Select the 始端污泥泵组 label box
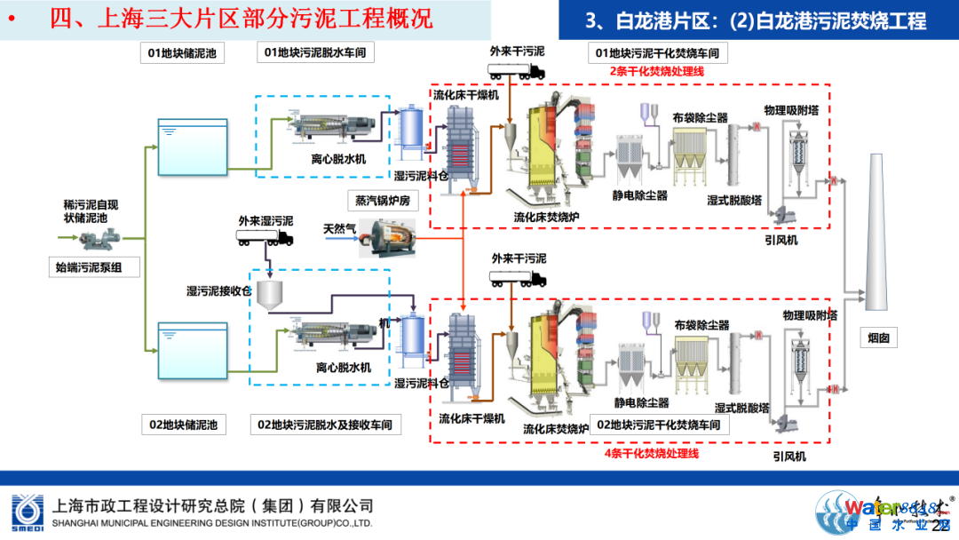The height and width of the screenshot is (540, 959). click(x=93, y=266)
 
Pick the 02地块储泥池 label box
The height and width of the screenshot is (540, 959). click(x=185, y=425)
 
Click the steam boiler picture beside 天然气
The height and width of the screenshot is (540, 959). click(x=384, y=238)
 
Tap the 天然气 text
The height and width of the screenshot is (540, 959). click(x=338, y=229)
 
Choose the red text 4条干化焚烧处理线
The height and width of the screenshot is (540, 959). click(x=652, y=454)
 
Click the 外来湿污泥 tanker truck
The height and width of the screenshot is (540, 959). click(x=265, y=237)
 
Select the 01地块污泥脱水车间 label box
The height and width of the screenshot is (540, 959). click(x=315, y=54)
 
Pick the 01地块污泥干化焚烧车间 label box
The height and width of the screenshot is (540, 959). click(x=658, y=54)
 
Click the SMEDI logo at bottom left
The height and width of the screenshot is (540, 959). click(x=26, y=511)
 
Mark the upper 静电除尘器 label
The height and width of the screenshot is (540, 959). click(x=639, y=195)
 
